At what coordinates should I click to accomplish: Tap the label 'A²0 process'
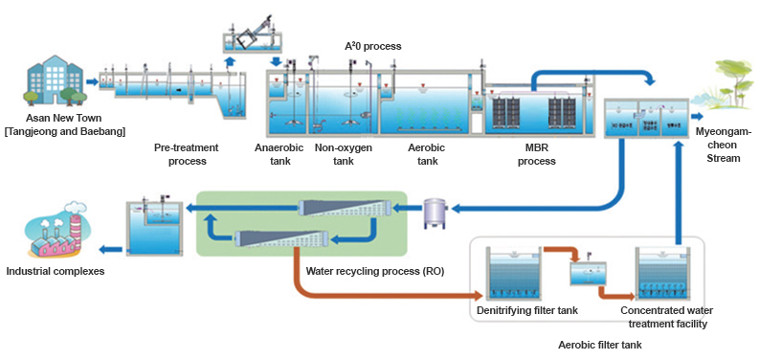point(372,46)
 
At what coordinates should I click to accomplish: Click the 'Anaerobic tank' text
point(279,154)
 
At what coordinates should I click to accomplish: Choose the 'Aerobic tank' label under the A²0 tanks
point(424,154)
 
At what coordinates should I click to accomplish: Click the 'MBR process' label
point(537,154)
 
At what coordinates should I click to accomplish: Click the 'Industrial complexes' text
point(56,272)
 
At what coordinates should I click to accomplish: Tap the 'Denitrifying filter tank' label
point(529,311)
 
